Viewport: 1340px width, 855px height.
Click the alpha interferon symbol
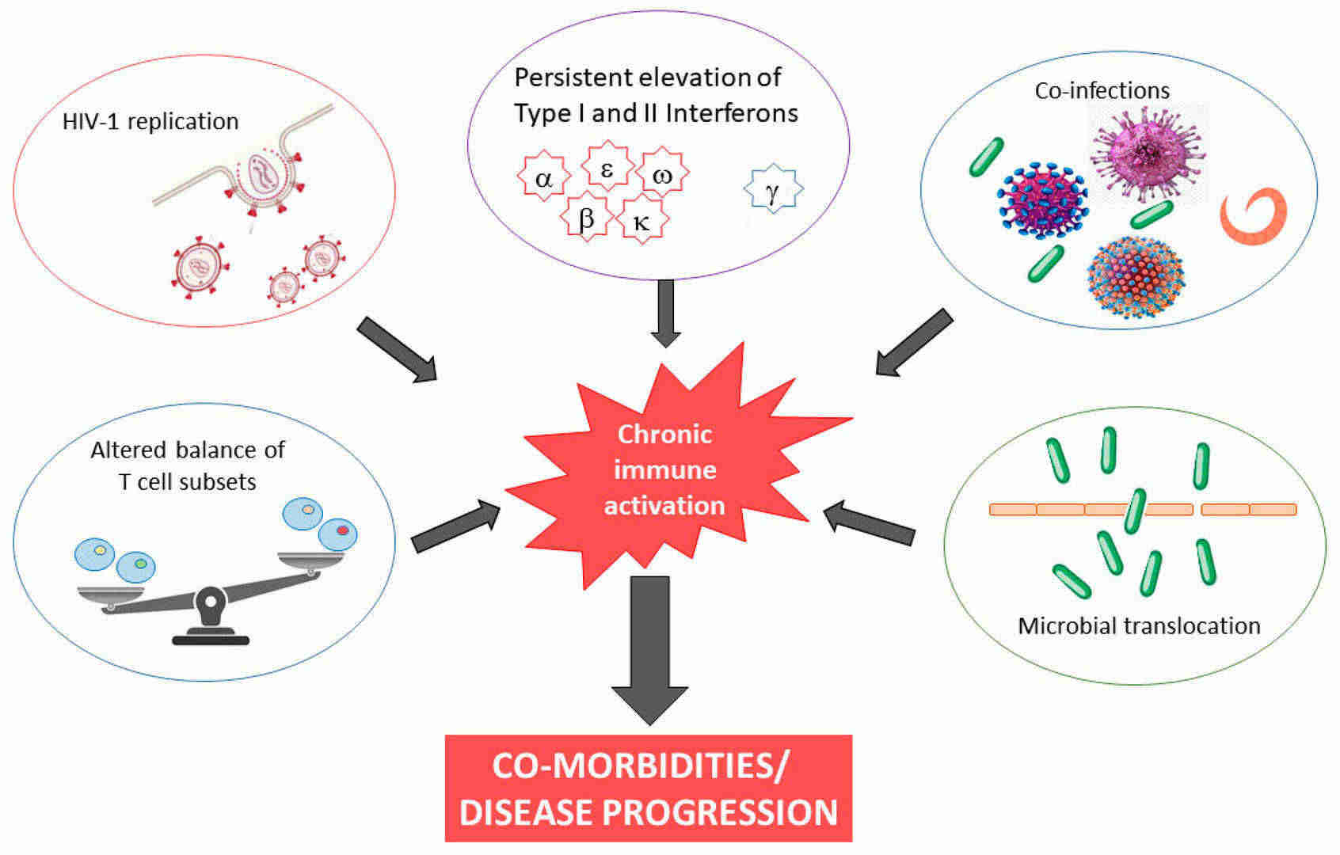click(x=543, y=176)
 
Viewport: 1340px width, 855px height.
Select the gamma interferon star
click(x=773, y=188)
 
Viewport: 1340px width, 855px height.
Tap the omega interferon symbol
click(x=662, y=173)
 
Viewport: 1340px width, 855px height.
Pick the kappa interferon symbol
click(x=641, y=219)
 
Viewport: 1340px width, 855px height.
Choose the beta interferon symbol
click(x=586, y=216)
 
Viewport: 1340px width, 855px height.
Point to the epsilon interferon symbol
click(x=607, y=165)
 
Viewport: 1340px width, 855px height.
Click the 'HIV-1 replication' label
click(x=150, y=121)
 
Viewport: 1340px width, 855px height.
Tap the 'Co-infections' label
click(x=1102, y=91)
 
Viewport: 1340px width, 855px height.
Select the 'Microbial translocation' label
click(x=1139, y=625)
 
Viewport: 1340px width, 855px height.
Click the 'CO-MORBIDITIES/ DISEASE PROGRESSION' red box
click(x=649, y=788)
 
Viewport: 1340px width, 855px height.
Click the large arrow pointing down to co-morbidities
click(x=649, y=651)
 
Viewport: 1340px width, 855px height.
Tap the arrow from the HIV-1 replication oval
click(x=398, y=349)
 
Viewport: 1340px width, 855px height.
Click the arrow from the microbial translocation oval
click(x=869, y=522)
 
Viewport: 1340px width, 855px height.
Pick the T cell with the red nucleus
click(x=338, y=534)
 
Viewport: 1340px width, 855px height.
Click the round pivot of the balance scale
click(x=210, y=602)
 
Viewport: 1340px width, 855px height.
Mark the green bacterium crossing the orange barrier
click(x=1135, y=511)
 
